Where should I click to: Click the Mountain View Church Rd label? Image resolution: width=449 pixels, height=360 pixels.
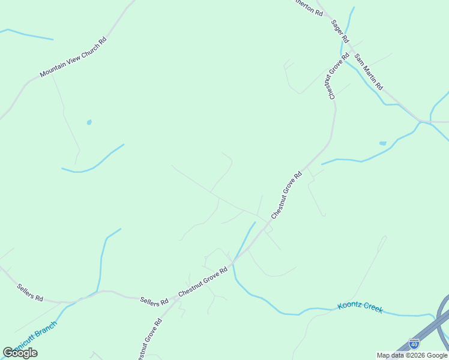pyautogui.click(x=73, y=58)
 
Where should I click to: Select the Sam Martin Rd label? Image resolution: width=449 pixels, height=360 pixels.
pyautogui.click(x=369, y=72)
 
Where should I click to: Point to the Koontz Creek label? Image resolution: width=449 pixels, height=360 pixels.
pyautogui.click(x=360, y=308)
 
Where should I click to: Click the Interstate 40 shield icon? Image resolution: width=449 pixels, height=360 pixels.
pyautogui.click(x=414, y=343)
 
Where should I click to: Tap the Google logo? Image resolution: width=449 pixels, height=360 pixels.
pyautogui.click(x=20, y=353)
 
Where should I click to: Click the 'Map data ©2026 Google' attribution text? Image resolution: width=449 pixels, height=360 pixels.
pyautogui.click(x=412, y=355)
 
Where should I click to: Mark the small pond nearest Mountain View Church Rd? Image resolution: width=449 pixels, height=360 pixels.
pyautogui.click(x=89, y=122)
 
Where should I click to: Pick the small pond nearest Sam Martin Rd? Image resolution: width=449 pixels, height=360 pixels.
pyautogui.click(x=383, y=143)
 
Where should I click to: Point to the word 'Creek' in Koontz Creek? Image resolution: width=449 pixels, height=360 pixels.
pyautogui.click(x=371, y=310)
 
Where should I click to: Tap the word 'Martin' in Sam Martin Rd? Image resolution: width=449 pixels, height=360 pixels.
pyautogui.click(x=368, y=71)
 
